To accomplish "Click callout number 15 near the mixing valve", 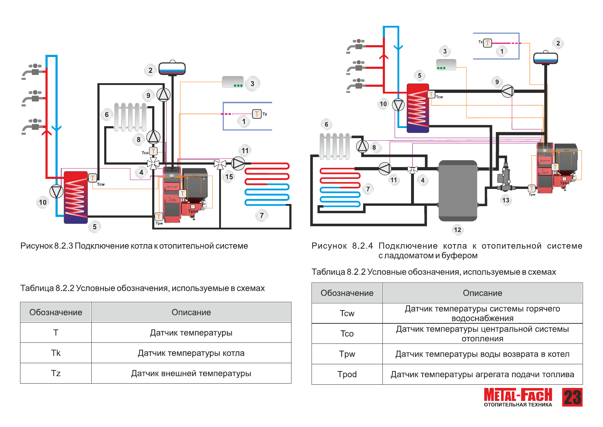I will [x=229, y=176].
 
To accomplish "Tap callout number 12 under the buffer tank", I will [x=457, y=230].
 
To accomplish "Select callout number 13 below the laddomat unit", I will [x=506, y=200].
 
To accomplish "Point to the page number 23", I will [x=572, y=397].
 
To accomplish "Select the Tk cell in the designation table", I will [x=56, y=353].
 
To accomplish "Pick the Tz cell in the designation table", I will [x=56, y=373].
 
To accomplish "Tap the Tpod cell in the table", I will [x=347, y=374].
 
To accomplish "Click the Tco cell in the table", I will [x=347, y=334].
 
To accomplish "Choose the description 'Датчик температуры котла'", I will [x=191, y=353].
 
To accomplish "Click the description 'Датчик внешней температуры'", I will [x=191, y=373].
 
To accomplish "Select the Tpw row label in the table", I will [x=347, y=354].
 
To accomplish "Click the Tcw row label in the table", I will [x=347, y=313].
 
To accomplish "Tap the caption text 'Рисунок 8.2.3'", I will [x=47, y=246].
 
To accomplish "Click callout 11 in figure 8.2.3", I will [x=245, y=151].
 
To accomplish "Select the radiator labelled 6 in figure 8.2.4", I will [x=335, y=146].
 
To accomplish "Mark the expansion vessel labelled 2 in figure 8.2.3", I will [x=172, y=68].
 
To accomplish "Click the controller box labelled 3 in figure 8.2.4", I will [x=446, y=65].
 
